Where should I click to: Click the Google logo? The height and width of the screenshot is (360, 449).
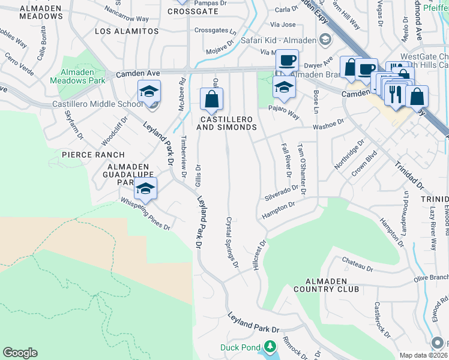pos(20,353)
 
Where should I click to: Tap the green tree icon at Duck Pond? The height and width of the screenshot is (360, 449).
pos(271,347)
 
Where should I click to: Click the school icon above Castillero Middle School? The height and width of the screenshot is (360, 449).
pos(149,91)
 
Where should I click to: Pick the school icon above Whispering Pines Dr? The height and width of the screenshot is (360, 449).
pos(145,188)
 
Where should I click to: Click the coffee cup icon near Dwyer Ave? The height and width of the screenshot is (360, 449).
pos(287,61)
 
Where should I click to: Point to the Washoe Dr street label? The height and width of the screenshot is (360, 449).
pos(327,124)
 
